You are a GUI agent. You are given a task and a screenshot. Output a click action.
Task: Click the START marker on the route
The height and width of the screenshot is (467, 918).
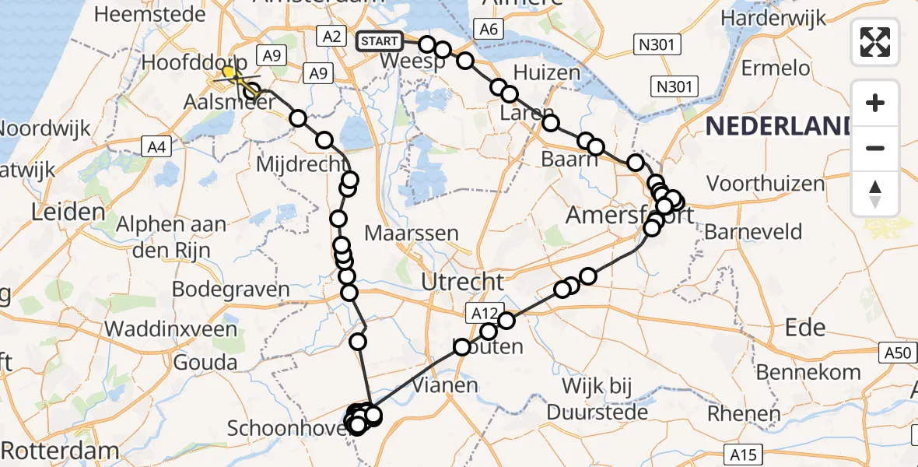click(x=380, y=41)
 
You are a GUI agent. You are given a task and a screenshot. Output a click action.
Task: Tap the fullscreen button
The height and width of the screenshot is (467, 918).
click(x=875, y=42)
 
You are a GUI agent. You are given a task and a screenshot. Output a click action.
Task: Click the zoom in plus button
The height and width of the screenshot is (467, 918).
click(x=875, y=103)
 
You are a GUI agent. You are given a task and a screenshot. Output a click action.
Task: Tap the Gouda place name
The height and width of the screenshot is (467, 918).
click(x=205, y=362)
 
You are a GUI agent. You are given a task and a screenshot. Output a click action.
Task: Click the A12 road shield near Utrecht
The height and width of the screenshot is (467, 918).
click(x=482, y=312)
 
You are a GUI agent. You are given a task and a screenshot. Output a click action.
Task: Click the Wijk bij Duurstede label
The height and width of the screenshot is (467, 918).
click(x=598, y=399)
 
